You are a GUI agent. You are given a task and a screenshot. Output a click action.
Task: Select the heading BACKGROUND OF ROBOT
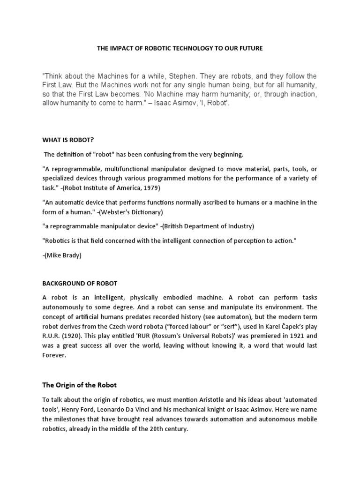pyautogui.click(x=80, y=284)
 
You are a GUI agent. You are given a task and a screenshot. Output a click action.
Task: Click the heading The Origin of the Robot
pyautogui.click(x=80, y=385)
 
